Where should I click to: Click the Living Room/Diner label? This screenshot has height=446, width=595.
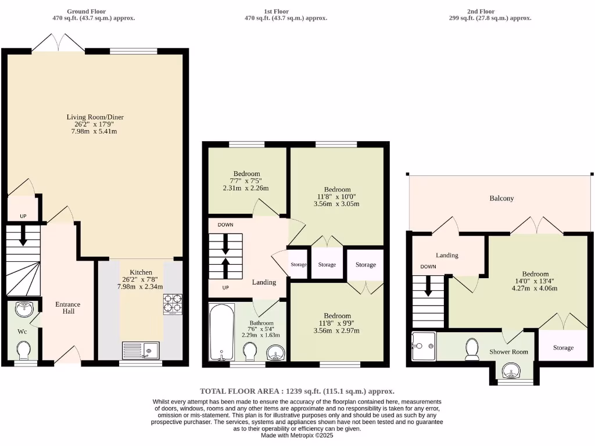click(x=95, y=117)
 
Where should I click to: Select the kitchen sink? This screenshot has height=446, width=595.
click(x=140, y=351)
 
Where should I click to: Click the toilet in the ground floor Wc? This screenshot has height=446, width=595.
click(x=24, y=350)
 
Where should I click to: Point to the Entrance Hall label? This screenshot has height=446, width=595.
click(x=68, y=308)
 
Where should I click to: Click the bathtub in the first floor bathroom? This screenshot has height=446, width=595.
click(x=221, y=332)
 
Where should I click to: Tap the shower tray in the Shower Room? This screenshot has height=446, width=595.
click(x=422, y=346)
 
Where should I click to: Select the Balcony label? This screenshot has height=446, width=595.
click(x=501, y=199)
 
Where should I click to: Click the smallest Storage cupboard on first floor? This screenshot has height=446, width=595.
click(x=298, y=265)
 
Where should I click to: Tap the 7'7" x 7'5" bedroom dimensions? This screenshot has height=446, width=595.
click(x=247, y=181)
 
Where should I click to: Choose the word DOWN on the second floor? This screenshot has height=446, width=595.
click(x=428, y=267)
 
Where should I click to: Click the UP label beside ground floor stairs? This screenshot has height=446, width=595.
click(x=23, y=216)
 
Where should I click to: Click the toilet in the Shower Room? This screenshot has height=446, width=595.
click(x=472, y=348)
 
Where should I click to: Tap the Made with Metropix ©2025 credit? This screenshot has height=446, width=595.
click(x=297, y=435)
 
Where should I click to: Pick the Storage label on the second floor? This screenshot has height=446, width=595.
click(x=562, y=348)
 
